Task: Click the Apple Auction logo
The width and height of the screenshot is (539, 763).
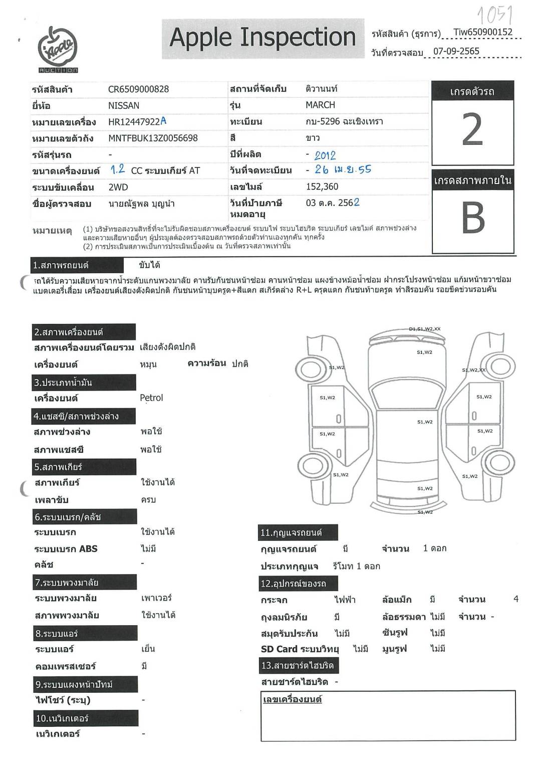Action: (x=58, y=49)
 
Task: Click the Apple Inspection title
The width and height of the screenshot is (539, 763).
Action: (x=262, y=38)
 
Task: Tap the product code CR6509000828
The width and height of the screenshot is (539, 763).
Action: (x=138, y=89)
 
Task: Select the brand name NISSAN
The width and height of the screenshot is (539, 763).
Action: (x=124, y=106)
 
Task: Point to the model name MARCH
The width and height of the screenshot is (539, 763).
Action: (x=320, y=105)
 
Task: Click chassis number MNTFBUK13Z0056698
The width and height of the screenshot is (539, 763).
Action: (x=153, y=138)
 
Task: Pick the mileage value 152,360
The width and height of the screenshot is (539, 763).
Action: (x=322, y=186)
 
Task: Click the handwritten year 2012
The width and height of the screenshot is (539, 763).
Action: (x=325, y=155)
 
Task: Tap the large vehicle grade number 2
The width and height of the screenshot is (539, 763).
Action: (x=472, y=129)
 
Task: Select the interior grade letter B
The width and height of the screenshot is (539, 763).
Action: (x=473, y=219)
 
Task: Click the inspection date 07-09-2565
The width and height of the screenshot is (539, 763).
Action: (x=456, y=51)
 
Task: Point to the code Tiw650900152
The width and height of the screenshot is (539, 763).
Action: (x=482, y=33)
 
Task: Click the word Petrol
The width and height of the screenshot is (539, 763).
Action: (x=151, y=398)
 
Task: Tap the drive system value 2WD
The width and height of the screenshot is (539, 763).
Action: (x=118, y=187)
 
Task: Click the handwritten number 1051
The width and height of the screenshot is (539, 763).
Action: (x=495, y=15)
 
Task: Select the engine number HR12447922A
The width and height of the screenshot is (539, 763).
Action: (x=137, y=121)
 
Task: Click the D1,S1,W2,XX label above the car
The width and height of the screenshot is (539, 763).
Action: (x=424, y=329)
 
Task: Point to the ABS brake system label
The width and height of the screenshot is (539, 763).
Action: (x=66, y=548)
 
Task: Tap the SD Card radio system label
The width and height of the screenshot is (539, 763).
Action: (x=300, y=649)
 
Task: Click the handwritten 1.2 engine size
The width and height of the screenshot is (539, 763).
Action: (x=118, y=169)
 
